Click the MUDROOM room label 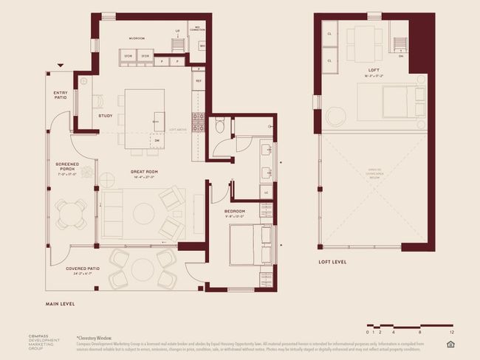(137, 38)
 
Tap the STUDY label (106, 115)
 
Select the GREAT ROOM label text (144, 172)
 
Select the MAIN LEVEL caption (60, 303)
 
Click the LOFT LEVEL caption (333, 261)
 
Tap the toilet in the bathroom (219, 127)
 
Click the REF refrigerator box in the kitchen (199, 80)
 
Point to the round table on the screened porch (69, 212)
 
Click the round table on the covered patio (143, 269)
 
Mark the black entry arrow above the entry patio (61, 66)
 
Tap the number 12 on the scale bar (450, 333)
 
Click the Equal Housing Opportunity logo (450, 344)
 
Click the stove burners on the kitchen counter (198, 122)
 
